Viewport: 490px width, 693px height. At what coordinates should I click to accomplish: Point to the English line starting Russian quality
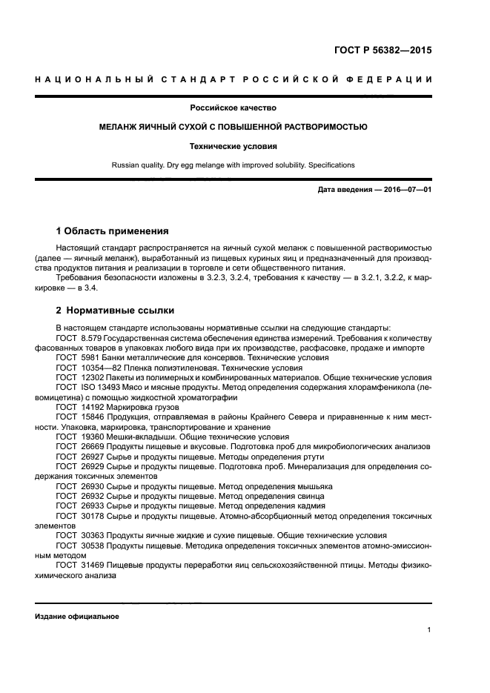[x=233, y=165]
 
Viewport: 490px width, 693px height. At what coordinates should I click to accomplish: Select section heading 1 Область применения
[x=112, y=231]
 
